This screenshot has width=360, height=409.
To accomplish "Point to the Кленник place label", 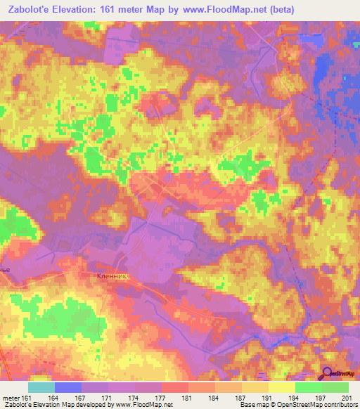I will pyautogui.click(x=111, y=278).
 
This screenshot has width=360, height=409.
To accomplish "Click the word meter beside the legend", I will pyautogui.click(x=12, y=398).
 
